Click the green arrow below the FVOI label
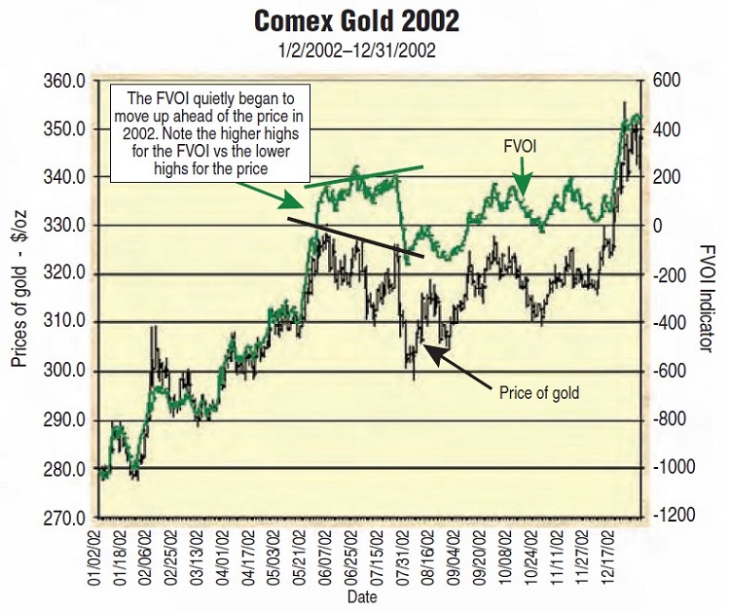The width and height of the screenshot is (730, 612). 523,179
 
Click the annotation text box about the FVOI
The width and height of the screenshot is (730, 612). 210,134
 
